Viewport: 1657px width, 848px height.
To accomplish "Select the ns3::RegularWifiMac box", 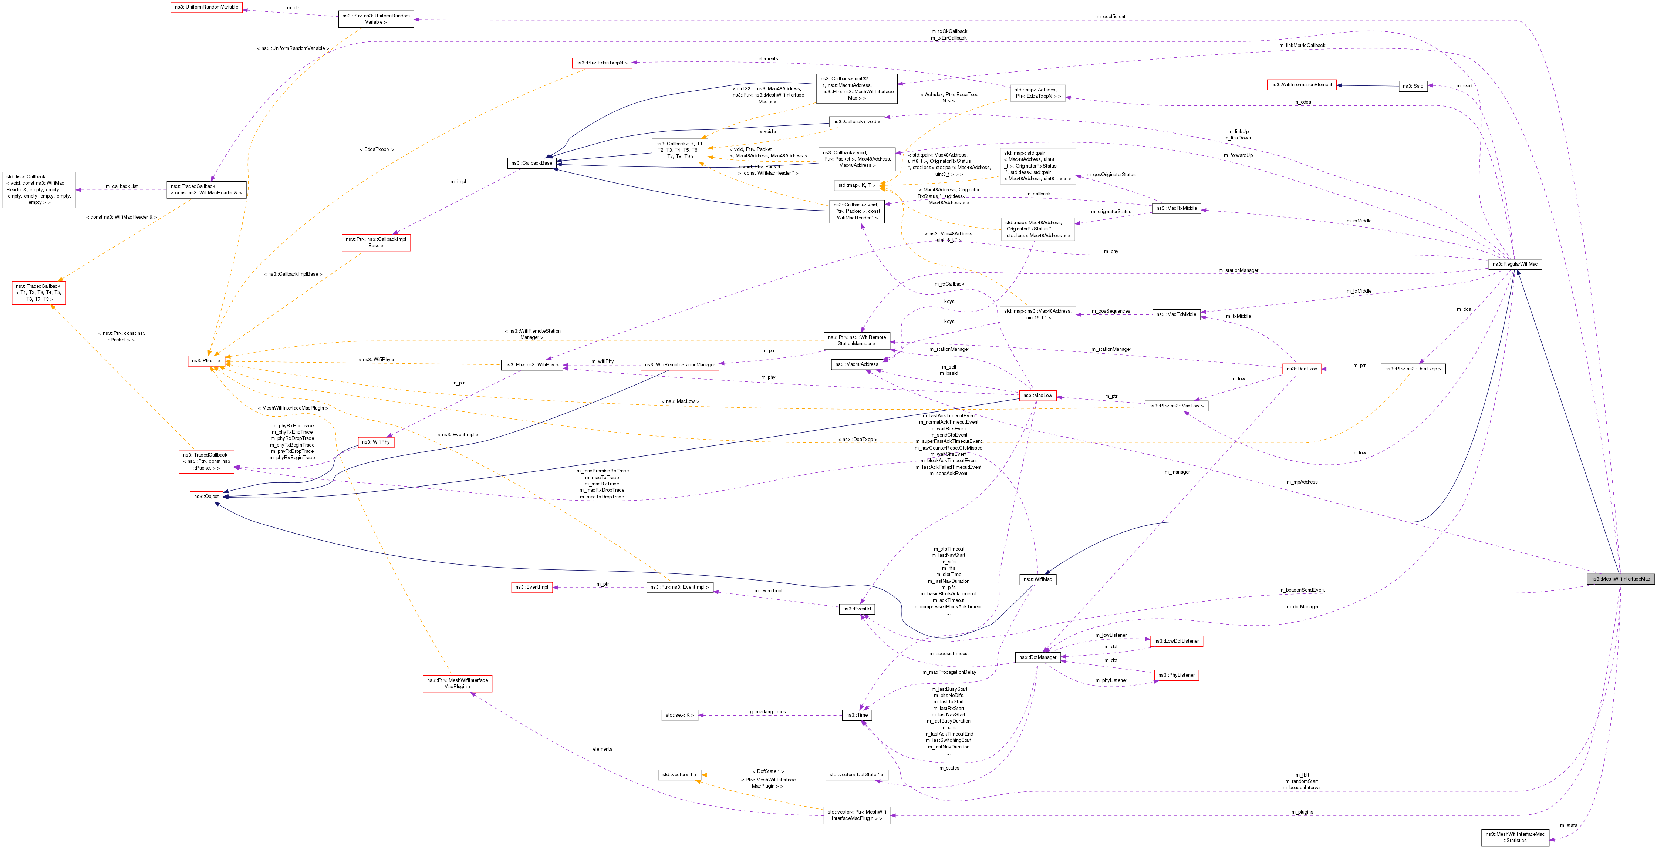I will pos(1515,264).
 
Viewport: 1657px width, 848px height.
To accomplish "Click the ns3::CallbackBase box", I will pos(532,163).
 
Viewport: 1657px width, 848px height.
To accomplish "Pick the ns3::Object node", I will pos(206,496).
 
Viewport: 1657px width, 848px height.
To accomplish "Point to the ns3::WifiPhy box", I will pos(376,442).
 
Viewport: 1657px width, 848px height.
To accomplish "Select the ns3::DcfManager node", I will pos(1037,657).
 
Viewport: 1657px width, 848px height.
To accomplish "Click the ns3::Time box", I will pos(856,715).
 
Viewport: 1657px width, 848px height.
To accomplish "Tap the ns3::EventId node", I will pos(857,609).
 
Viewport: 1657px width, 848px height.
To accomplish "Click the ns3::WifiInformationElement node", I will pos(1301,84).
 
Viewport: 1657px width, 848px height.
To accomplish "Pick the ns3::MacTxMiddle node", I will pos(1176,314).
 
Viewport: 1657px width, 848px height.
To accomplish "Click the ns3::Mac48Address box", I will pos(856,364).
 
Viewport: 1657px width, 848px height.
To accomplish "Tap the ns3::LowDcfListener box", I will pos(1176,641).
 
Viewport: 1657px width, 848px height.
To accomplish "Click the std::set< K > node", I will pos(679,715).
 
